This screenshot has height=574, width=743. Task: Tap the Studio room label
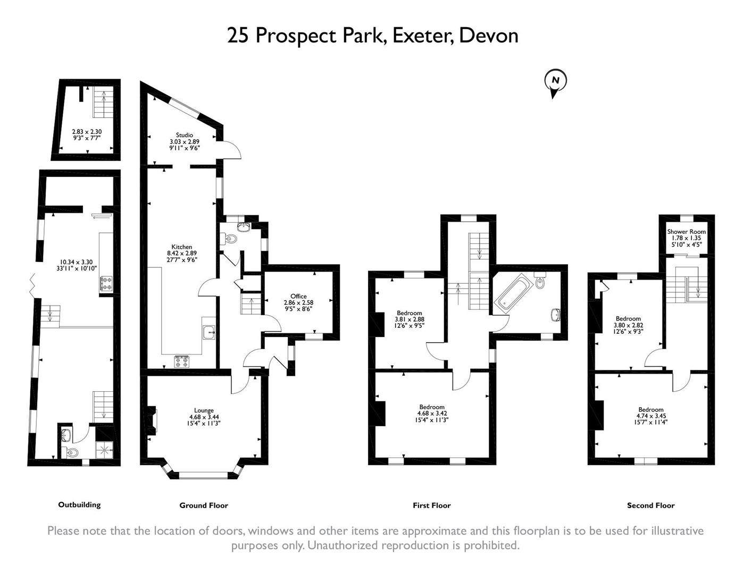pyautogui.click(x=185, y=135)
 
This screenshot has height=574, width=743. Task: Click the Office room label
pyautogui.click(x=298, y=296)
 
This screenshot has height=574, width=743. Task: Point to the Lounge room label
pyautogui.click(x=204, y=410)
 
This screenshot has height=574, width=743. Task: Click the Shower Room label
pyautogui.click(x=686, y=232)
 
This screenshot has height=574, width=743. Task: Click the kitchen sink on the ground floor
pyautogui.click(x=208, y=333)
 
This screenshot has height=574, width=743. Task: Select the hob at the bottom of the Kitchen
pyautogui.click(x=182, y=361)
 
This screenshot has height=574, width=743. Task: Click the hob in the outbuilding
pyautogui.click(x=106, y=283)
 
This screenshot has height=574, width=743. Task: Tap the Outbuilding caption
pyautogui.click(x=79, y=505)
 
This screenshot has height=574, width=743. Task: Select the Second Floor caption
pyautogui.click(x=650, y=505)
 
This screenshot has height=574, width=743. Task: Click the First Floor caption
pyautogui.click(x=431, y=505)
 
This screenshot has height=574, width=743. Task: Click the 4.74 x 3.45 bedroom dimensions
pyautogui.click(x=650, y=416)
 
